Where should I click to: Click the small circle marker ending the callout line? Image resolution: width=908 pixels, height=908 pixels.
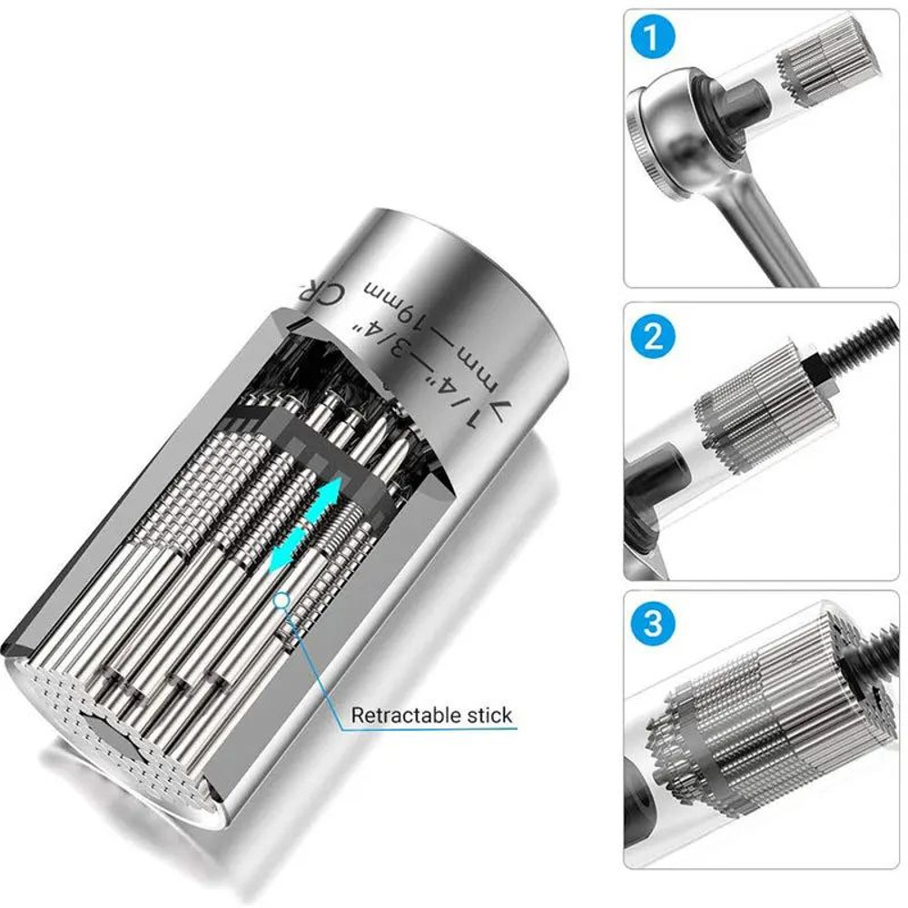[284, 597]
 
